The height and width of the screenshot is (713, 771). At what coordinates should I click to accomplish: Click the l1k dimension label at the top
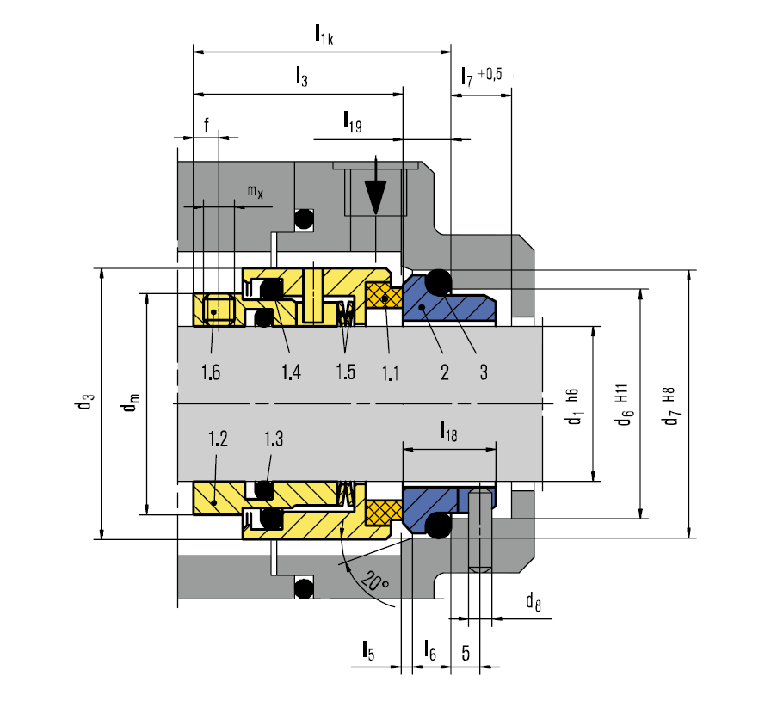(x=324, y=34)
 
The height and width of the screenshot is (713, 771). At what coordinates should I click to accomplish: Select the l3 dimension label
(x=301, y=77)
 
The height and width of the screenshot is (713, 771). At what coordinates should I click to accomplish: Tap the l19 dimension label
(x=353, y=122)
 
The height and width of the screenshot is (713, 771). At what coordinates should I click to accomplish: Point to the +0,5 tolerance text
(x=490, y=74)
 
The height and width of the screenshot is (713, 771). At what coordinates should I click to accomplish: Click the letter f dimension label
(x=207, y=125)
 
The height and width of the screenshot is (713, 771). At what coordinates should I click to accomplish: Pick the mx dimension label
(x=256, y=192)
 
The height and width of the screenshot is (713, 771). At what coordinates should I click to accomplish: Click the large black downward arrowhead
(x=376, y=198)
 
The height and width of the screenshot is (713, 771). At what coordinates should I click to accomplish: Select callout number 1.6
(x=211, y=372)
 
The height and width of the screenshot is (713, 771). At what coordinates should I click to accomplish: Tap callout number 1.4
(x=291, y=372)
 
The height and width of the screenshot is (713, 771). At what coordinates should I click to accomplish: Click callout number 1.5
(x=345, y=372)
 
